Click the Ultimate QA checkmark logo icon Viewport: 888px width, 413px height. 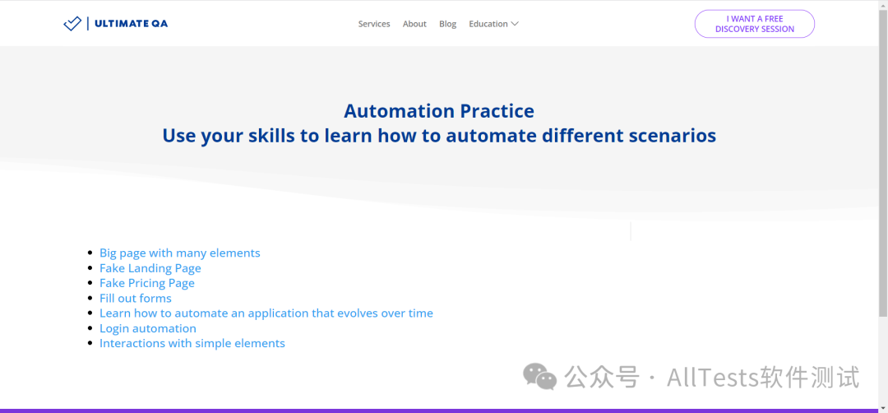tap(72, 24)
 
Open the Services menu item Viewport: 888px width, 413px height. tap(374, 24)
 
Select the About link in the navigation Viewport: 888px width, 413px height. tap(414, 24)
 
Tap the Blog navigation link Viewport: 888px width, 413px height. tap(447, 24)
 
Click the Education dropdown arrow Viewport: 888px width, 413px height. tap(514, 24)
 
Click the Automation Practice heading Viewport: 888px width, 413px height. tap(439, 111)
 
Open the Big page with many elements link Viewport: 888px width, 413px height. tap(179, 253)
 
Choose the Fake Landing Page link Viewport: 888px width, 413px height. tap(150, 268)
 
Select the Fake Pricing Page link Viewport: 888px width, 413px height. tap(146, 283)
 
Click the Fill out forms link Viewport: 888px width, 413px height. tap(136, 298)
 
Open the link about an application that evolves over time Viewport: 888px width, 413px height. tap(266, 313)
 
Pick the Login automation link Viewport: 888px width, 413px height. tap(148, 328)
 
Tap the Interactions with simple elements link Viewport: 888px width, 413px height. tap(192, 343)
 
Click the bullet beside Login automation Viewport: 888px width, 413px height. tap(90, 328)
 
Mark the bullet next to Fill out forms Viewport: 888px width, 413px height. tap(90, 298)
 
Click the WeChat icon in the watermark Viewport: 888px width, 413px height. tap(539, 377)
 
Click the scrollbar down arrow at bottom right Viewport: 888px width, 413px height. tap(883, 407)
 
